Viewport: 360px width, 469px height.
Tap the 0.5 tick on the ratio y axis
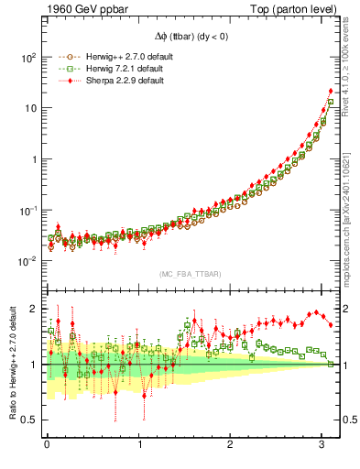coord(29,420)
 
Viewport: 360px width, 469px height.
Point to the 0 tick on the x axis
coord(47,446)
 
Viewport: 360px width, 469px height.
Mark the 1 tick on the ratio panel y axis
coord(33,365)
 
